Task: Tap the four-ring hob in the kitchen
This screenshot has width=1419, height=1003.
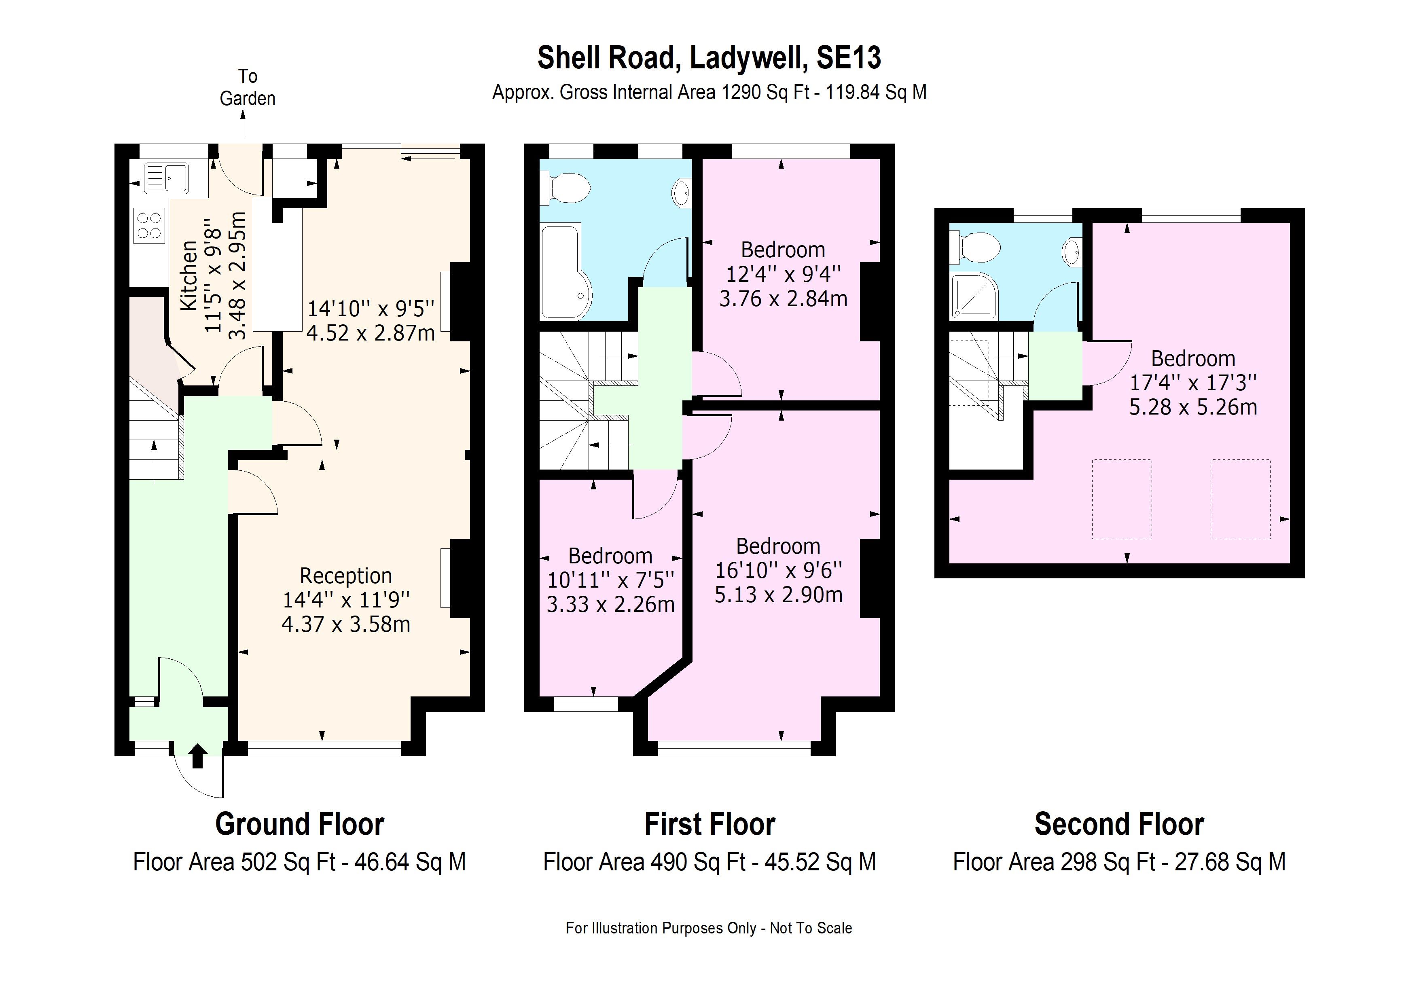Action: [x=149, y=226]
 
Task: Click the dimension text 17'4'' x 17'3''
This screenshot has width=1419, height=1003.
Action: [x=1193, y=383]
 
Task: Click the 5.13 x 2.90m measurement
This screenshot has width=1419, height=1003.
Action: [x=778, y=595]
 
